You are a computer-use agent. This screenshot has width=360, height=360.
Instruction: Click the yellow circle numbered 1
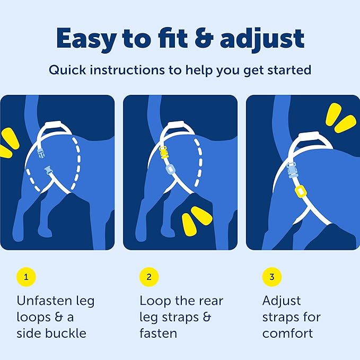point(26,277)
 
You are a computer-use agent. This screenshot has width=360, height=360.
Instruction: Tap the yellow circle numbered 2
point(149,277)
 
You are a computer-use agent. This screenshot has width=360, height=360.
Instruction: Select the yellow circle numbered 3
point(272,277)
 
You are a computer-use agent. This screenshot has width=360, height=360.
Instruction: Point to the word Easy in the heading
point(86,39)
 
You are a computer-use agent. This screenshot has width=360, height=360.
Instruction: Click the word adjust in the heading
point(262,39)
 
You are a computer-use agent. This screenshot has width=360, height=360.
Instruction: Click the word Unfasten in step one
point(44,301)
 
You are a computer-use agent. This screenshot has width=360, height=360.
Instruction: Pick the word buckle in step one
point(66,333)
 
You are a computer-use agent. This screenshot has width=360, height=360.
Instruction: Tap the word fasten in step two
point(158,333)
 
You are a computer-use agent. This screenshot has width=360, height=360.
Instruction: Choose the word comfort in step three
point(287,333)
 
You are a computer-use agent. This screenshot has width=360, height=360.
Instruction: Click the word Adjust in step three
point(282,301)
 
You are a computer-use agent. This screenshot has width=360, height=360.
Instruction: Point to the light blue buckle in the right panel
point(292,170)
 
